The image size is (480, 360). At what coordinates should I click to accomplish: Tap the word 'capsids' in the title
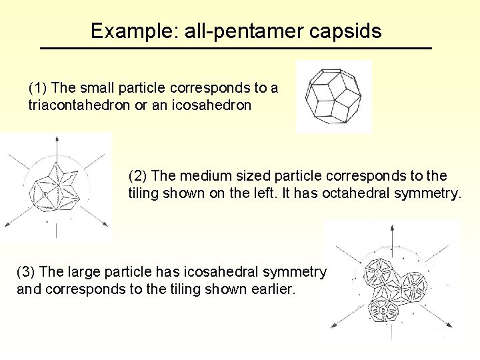coord(349,31)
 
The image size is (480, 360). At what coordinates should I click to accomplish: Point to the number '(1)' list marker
coord(37,88)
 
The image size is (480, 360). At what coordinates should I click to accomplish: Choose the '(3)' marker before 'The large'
coord(25,272)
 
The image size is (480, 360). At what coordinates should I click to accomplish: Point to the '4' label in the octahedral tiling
coord(45,193)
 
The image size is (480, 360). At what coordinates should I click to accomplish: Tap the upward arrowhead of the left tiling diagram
coord(56,138)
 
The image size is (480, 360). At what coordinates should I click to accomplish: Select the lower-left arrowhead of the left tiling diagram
coord(7,223)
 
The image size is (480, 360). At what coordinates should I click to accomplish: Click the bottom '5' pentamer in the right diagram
coord(383,309)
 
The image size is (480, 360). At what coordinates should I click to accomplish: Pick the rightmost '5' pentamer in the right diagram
coord(413,287)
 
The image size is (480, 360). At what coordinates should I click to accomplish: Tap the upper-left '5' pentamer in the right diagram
coord(377,273)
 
